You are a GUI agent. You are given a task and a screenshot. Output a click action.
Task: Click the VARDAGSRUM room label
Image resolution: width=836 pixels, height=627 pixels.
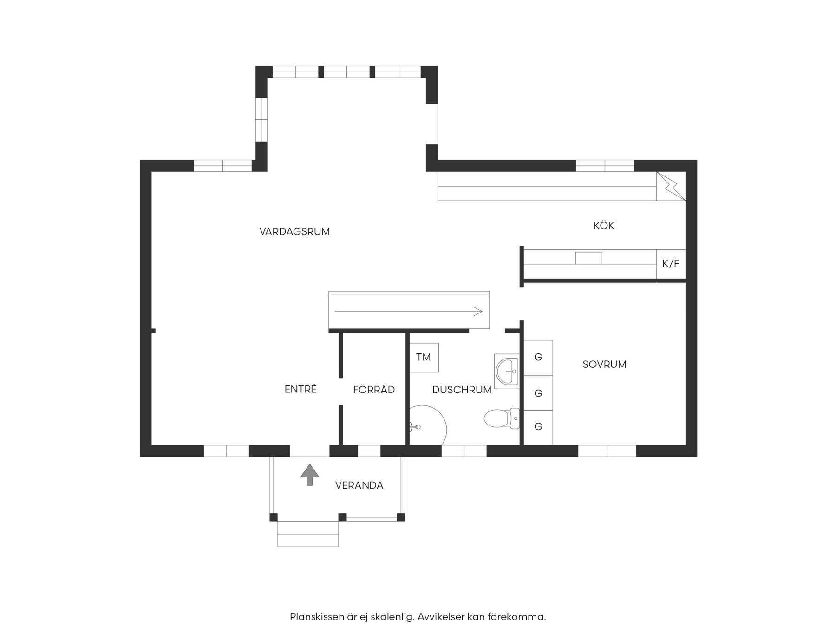[x=294, y=231]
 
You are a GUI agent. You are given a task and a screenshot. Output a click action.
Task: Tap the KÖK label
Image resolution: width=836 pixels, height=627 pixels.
[x=604, y=226]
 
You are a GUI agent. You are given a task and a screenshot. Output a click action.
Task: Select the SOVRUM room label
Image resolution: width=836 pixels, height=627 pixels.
[x=604, y=365]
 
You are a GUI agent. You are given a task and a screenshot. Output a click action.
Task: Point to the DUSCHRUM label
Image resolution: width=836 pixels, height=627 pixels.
[x=462, y=390]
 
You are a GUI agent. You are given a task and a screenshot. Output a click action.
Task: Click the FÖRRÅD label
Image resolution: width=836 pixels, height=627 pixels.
[x=374, y=390]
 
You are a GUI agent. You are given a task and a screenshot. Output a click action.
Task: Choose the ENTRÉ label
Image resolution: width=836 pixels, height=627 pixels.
[x=300, y=389]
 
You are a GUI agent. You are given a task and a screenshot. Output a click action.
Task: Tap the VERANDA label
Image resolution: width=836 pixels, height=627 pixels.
[x=359, y=485]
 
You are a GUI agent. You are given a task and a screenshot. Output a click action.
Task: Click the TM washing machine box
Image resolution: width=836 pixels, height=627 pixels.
[x=424, y=357]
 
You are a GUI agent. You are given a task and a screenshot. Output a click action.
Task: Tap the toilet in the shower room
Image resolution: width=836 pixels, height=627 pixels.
[x=502, y=418]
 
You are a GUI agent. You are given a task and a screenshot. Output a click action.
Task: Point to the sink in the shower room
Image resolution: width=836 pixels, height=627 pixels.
[x=507, y=371]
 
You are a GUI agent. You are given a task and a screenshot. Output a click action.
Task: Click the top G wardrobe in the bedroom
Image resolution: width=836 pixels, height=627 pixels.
[x=538, y=358]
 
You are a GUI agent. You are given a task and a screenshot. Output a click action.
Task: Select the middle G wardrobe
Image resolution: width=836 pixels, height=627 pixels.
[x=538, y=393]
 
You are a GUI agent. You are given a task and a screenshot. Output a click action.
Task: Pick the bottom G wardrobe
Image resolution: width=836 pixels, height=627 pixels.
[x=538, y=427]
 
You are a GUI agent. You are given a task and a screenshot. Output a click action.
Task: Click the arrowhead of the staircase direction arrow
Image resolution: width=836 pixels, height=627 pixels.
[x=480, y=312]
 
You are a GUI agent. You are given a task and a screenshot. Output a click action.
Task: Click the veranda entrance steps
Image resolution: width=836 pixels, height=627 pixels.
[x=308, y=534]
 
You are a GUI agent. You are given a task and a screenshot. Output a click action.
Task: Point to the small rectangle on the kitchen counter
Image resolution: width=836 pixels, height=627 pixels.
[x=588, y=258]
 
